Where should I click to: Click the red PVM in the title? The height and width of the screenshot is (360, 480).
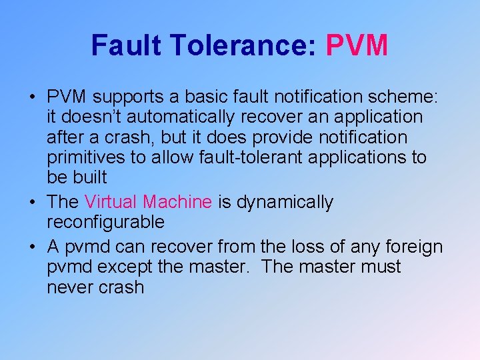pyautogui.click(x=357, y=45)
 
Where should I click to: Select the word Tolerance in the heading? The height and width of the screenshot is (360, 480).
pyautogui.click(x=243, y=45)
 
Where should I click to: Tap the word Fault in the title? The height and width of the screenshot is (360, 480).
pyautogui.click(x=126, y=45)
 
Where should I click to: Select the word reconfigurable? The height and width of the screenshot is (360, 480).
pyautogui.click(x=105, y=222)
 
